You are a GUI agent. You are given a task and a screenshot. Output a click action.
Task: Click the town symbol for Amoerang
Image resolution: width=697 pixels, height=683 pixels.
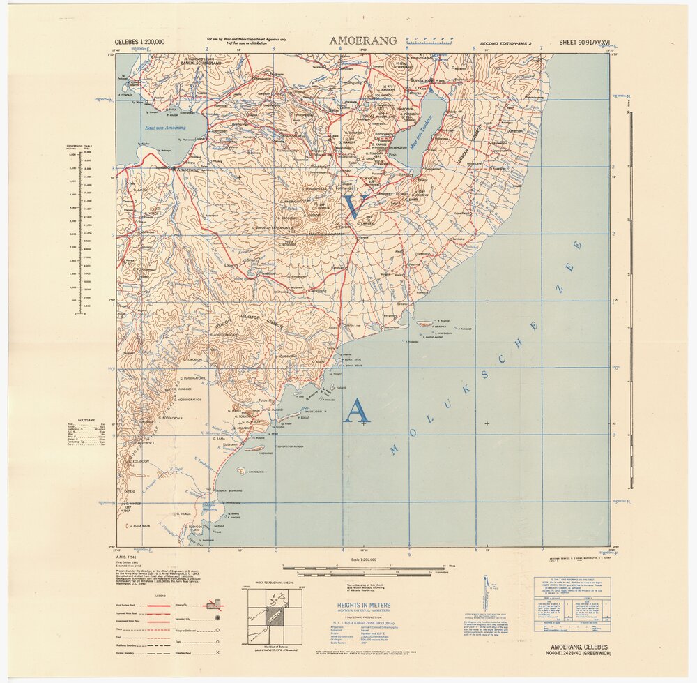[174, 168]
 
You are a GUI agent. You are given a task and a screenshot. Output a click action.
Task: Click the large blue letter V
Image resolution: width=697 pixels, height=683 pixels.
[355, 207]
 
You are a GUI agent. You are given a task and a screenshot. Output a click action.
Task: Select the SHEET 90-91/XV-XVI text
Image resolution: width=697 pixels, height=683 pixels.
[584, 42]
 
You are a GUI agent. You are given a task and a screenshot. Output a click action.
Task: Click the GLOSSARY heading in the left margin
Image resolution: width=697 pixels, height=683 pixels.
[86, 420]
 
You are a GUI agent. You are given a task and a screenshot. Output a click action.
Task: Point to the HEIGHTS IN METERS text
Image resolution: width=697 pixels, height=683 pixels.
[364, 606]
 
